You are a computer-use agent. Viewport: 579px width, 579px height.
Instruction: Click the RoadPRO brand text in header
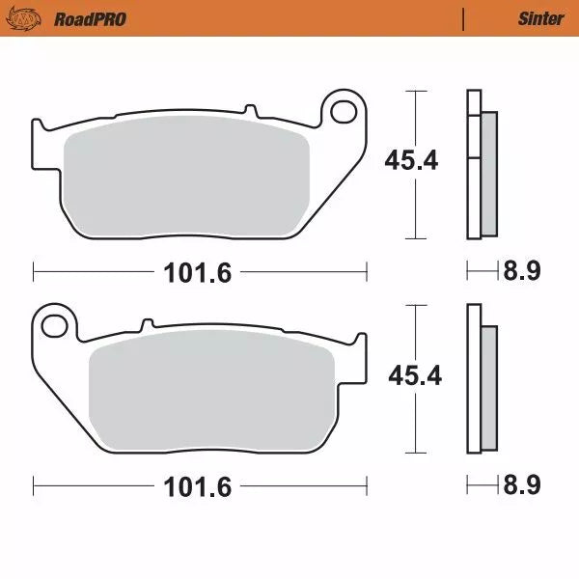coord(90,18)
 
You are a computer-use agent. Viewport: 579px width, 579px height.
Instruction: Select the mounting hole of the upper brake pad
coord(341,112)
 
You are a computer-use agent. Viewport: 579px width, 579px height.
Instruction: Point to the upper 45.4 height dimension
coord(411,160)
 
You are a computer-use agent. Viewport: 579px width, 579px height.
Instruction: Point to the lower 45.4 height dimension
coord(414,375)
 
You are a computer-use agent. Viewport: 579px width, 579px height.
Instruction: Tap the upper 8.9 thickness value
coord(520,271)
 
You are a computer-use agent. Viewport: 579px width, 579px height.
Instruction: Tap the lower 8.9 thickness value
coord(520,485)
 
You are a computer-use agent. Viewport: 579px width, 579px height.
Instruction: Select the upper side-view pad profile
coord(481,164)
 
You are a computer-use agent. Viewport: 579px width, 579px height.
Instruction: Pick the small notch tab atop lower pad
coord(148,323)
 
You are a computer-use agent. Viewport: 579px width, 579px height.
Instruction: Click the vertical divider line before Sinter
coord(463,18)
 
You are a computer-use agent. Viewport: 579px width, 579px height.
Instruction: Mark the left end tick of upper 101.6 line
coord(34,272)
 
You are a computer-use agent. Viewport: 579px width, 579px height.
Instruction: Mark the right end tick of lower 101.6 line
coord(368,486)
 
